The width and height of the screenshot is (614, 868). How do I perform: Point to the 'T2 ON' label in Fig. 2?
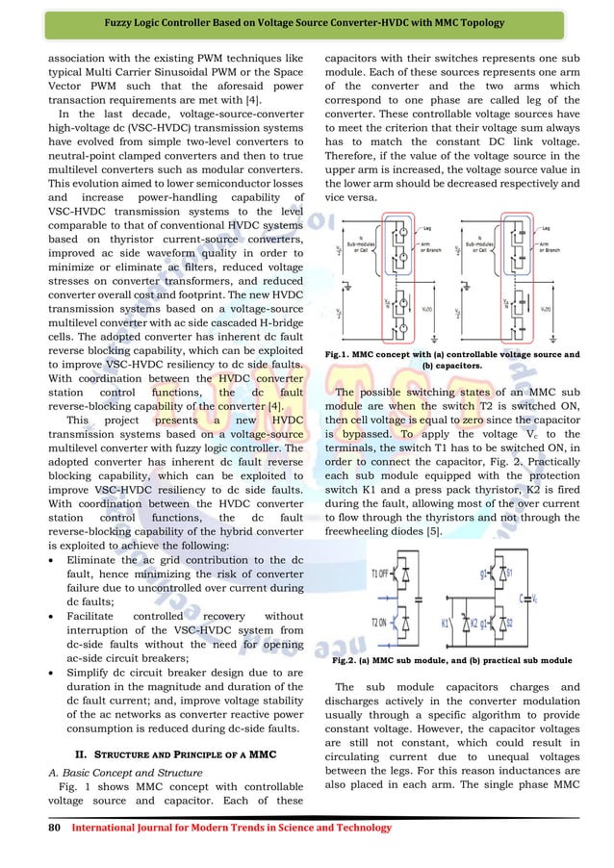coord(380,621)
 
